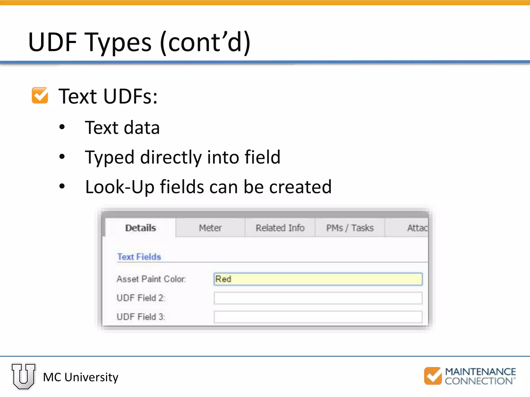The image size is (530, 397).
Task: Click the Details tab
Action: point(141,228)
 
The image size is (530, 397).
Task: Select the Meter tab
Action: point(210,228)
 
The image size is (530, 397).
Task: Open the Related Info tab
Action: point(280,228)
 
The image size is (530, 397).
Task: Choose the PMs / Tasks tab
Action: point(350,228)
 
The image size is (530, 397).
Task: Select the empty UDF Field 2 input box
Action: point(318,298)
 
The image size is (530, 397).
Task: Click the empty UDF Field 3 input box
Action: point(318,317)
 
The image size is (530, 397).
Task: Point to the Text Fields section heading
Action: point(139,257)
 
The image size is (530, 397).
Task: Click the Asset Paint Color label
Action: point(151,279)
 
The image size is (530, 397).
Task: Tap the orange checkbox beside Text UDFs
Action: point(40,96)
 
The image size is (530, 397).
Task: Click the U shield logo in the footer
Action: point(24,376)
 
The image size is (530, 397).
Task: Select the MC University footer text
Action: point(80,377)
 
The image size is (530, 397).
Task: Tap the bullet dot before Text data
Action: point(62,127)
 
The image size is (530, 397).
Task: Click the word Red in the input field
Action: point(223,279)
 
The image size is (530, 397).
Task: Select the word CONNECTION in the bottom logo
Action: point(479,381)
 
